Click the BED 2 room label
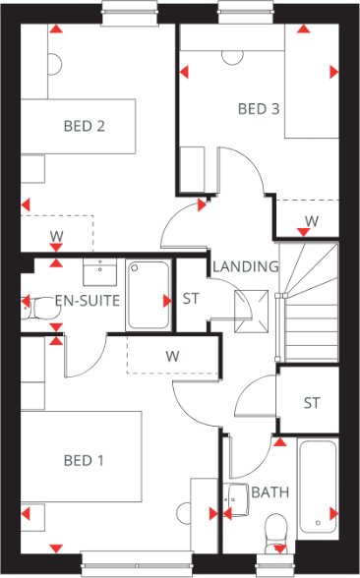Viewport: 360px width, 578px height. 85,126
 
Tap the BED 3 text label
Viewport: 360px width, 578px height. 259,109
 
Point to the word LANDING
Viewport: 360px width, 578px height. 246,266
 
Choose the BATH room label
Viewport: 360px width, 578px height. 269,492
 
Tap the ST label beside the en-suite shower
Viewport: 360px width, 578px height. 192,299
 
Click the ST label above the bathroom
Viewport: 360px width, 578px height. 312,402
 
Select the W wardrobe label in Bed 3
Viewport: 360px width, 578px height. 311,222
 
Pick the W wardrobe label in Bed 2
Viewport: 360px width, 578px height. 56,236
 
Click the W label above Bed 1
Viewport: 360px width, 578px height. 172,355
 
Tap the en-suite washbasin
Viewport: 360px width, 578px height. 101,269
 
